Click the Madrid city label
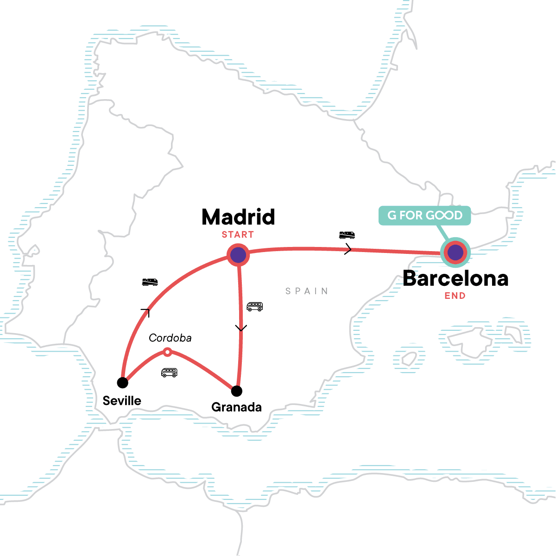[238, 217]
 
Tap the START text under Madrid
[238, 234]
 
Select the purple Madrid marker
[238, 255]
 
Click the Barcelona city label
[455, 278]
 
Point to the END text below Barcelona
[455, 296]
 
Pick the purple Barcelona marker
[455, 253]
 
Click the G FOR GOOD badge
[425, 215]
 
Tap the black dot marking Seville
[122, 383]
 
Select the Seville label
[122, 401]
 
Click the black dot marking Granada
[237, 392]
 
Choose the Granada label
[236, 407]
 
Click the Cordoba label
[170, 338]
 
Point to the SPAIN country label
[307, 291]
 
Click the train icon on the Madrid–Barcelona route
[347, 235]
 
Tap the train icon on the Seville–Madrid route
[150, 282]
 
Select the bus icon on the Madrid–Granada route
[254, 306]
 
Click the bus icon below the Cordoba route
[169, 373]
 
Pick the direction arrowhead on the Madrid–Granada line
[240, 328]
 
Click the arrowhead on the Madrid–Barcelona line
[348, 250]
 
